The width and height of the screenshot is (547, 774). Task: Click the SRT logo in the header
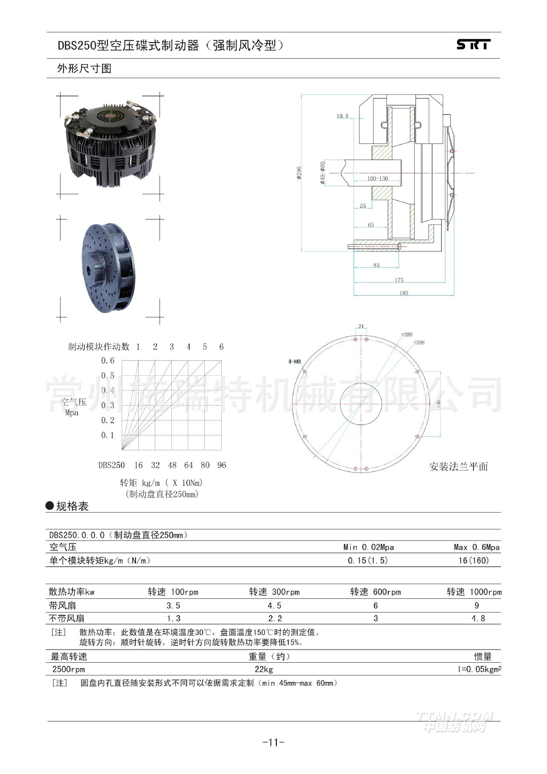[x=473, y=44]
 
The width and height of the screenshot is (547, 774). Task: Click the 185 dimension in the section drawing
[x=403, y=293]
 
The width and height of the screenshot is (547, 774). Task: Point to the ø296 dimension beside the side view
[x=299, y=173]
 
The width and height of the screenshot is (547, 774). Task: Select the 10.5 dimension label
[x=342, y=117]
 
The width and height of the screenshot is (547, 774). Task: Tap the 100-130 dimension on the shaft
[x=377, y=179]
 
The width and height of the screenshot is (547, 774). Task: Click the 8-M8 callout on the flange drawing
[x=295, y=362]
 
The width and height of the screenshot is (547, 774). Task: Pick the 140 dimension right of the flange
[x=439, y=403]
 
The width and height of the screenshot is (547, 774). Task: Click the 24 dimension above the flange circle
[x=361, y=326]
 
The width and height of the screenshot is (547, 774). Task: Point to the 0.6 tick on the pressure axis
[x=108, y=361]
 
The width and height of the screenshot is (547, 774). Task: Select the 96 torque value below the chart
[x=222, y=465]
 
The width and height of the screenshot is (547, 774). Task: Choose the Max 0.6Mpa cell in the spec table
[x=476, y=547]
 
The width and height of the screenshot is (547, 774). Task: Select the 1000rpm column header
[x=474, y=592]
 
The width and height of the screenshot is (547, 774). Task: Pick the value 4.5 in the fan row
[x=274, y=605]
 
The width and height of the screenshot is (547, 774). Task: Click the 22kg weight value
[x=264, y=670]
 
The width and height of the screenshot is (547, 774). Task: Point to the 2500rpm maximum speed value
[x=69, y=670]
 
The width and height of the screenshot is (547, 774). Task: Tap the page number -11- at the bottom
[x=273, y=742]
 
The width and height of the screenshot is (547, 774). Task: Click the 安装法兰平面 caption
[x=458, y=467]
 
